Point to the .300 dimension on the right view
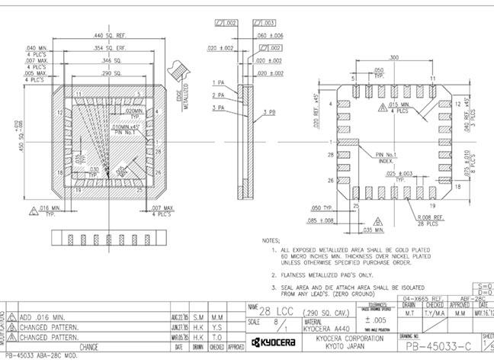tap(394, 57)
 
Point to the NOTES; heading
tap(271, 240)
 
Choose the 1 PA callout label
tap(218, 82)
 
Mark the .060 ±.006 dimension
tap(270, 36)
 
